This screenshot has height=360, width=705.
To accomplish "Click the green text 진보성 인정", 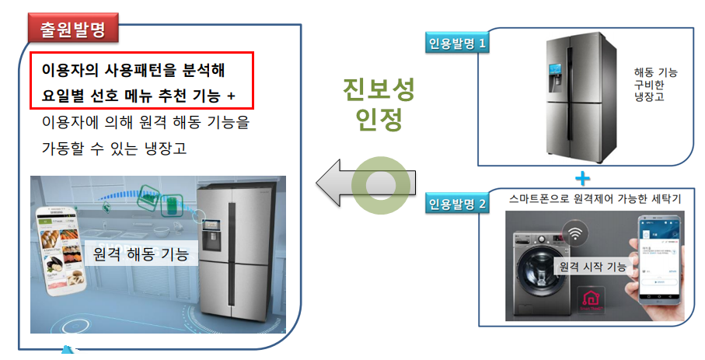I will point(379,104).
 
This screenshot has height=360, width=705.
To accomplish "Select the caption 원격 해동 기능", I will point(141,253).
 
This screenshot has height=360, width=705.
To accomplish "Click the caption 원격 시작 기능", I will point(592,267).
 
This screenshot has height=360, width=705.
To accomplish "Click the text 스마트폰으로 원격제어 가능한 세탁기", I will point(595,199).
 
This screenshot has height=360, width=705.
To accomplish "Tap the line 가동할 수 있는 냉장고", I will point(114,149).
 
